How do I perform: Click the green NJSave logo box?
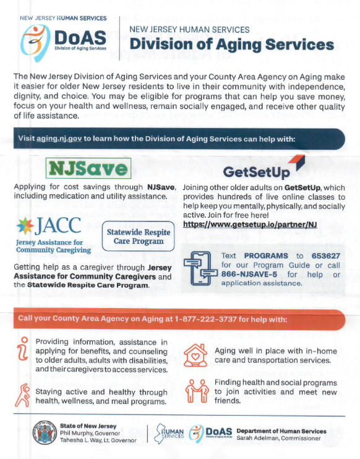pos(89,168)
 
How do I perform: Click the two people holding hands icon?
pos(196,391)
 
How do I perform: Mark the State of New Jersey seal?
pos(45,434)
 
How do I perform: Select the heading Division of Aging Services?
pos(232,45)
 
